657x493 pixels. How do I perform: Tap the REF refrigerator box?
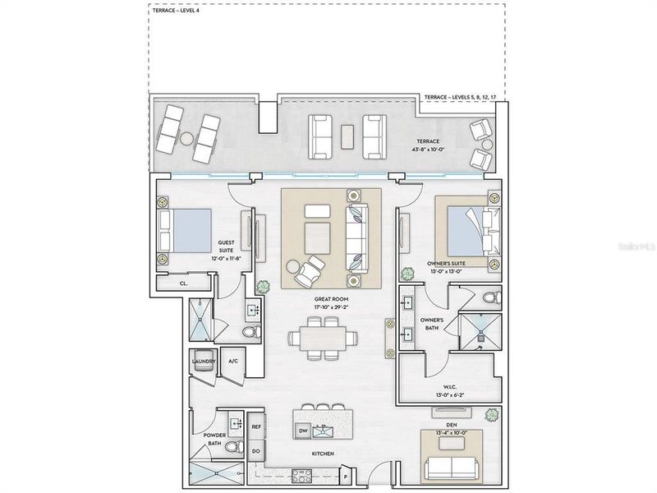click(x=256, y=427)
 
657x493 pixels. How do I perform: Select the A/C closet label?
click(x=232, y=361)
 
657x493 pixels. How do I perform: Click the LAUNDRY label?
click(x=204, y=361)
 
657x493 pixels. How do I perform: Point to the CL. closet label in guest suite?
click(x=183, y=283)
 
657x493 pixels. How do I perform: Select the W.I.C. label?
click(x=449, y=386)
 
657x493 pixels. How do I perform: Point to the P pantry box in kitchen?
click(x=346, y=475)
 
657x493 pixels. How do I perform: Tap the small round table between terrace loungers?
click(x=187, y=138)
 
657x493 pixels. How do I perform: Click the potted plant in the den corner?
click(x=492, y=413)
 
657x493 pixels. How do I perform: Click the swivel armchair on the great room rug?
click(x=310, y=268)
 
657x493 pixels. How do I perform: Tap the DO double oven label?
click(x=256, y=451)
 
